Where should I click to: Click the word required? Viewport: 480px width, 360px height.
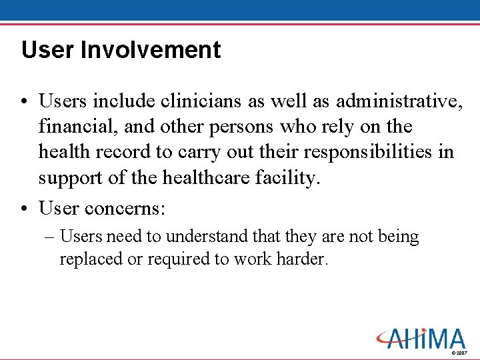[x=175, y=259]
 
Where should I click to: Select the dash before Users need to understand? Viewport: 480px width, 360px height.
[x=50, y=237]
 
